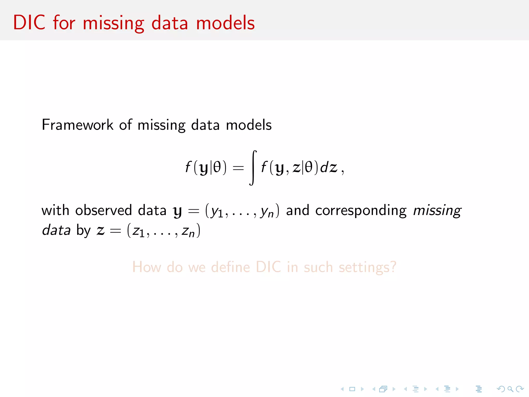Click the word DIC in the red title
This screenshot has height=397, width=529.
pyautogui.click(x=29, y=23)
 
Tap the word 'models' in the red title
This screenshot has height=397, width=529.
pyautogui.click(x=225, y=23)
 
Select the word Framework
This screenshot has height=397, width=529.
pyautogui.click(x=77, y=125)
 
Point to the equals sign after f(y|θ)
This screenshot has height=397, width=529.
pyautogui.click(x=238, y=168)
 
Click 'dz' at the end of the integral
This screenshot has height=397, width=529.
pyautogui.click(x=329, y=167)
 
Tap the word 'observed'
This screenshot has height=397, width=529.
pyautogui.click(x=103, y=210)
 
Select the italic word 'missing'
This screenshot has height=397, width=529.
pyautogui.click(x=437, y=211)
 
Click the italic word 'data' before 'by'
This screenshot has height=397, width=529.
pyautogui.click(x=56, y=230)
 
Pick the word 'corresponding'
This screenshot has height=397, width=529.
pyautogui.click(x=361, y=211)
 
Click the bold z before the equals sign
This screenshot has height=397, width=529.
pyautogui.click(x=100, y=230)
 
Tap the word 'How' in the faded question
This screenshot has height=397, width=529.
pyautogui.click(x=147, y=267)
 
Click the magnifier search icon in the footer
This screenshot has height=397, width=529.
pyautogui.click(x=510, y=389)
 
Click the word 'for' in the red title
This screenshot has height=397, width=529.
pyautogui.click(x=64, y=23)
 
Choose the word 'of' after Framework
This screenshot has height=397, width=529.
pyautogui.click(x=126, y=125)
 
